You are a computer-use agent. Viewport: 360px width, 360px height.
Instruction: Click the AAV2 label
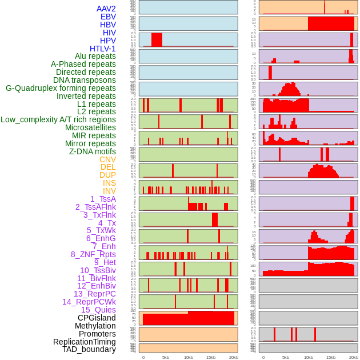click(x=106, y=9)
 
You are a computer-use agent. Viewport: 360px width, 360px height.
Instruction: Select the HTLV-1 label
click(x=102, y=49)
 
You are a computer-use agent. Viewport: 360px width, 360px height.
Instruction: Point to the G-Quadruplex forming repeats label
click(x=61, y=88)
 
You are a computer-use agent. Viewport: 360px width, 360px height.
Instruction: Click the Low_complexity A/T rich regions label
click(x=58, y=119)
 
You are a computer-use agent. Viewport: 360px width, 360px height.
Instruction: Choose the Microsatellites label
click(x=90, y=127)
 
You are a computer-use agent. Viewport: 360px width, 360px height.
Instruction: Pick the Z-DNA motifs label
click(x=93, y=151)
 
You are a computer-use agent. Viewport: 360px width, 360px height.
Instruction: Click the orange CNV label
click(x=107, y=159)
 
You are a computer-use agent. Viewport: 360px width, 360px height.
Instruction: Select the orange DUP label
click(x=107, y=175)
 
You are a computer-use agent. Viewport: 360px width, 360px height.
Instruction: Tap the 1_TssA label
click(x=103, y=199)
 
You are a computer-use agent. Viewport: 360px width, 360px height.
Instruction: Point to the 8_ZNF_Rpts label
click(x=93, y=254)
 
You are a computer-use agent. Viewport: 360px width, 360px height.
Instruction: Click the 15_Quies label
click(x=98, y=310)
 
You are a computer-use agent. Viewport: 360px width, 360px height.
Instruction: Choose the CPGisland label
click(x=97, y=318)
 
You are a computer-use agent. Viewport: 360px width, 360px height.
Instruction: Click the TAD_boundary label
click(x=89, y=349)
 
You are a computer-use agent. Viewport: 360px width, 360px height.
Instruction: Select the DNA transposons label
click(x=85, y=80)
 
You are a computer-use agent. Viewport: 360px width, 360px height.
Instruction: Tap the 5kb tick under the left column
click(x=166, y=357)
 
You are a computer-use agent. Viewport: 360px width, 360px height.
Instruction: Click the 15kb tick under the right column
click(x=331, y=357)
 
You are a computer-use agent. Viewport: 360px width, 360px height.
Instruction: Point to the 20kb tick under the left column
click(x=234, y=357)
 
